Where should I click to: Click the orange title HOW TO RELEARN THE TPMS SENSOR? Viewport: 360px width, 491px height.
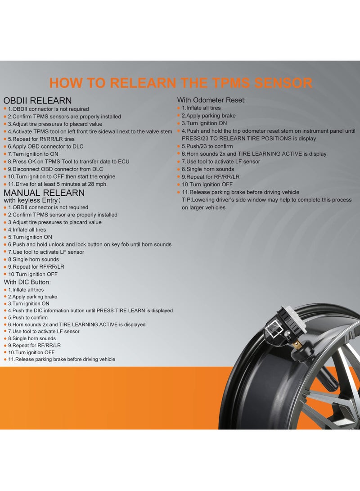(180, 83)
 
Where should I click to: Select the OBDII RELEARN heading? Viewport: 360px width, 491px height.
(37, 100)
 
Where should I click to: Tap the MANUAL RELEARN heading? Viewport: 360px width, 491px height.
(44, 193)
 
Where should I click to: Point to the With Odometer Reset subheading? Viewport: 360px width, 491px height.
(211, 100)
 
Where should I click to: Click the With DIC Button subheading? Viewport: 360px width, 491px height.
(27, 282)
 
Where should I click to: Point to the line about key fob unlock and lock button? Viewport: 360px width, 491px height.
(90, 244)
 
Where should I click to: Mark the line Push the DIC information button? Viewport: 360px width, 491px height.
(90, 311)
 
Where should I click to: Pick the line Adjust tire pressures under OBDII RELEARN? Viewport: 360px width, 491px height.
(55, 124)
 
